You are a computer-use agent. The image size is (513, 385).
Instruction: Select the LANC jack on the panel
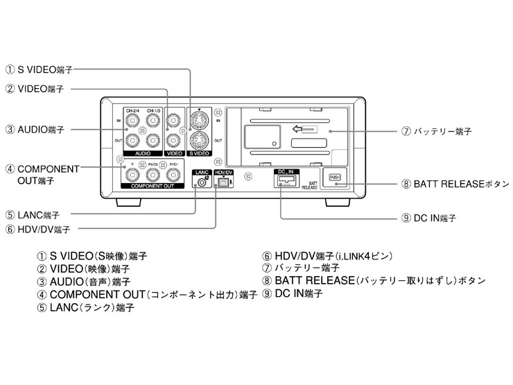coord(202,182)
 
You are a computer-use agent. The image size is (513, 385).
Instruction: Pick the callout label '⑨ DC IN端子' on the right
coord(428,218)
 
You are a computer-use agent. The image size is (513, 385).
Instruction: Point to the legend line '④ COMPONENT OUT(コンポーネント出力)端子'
coord(149,295)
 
